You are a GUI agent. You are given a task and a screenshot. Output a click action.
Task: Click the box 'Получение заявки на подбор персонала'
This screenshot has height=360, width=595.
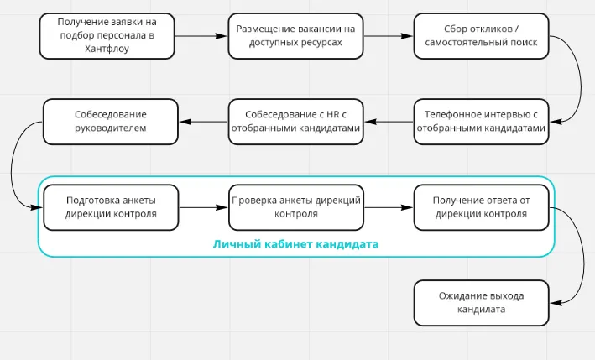(107, 35)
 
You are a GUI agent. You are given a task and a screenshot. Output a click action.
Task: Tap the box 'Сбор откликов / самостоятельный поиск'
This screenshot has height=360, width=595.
(481, 35)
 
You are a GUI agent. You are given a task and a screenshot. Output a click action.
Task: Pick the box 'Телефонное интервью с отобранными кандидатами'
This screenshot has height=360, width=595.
(481, 121)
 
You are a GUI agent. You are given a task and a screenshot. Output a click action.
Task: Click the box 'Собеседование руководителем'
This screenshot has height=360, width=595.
(110, 121)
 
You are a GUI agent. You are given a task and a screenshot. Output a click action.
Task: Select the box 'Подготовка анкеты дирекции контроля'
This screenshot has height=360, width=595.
(110, 207)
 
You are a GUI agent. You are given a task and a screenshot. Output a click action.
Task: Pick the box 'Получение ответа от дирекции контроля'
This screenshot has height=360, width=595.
(481, 207)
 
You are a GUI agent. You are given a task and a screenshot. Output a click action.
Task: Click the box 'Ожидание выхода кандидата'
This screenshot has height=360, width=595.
(481, 303)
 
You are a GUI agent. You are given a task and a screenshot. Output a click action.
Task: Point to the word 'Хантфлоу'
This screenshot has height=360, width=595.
(107, 49)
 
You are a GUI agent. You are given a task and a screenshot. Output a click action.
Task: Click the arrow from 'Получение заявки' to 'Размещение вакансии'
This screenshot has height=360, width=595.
(201, 35)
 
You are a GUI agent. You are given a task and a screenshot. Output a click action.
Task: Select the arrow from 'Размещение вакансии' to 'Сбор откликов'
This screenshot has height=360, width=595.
(388, 35)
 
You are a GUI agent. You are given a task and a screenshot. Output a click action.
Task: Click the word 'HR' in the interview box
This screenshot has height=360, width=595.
(331, 114)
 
